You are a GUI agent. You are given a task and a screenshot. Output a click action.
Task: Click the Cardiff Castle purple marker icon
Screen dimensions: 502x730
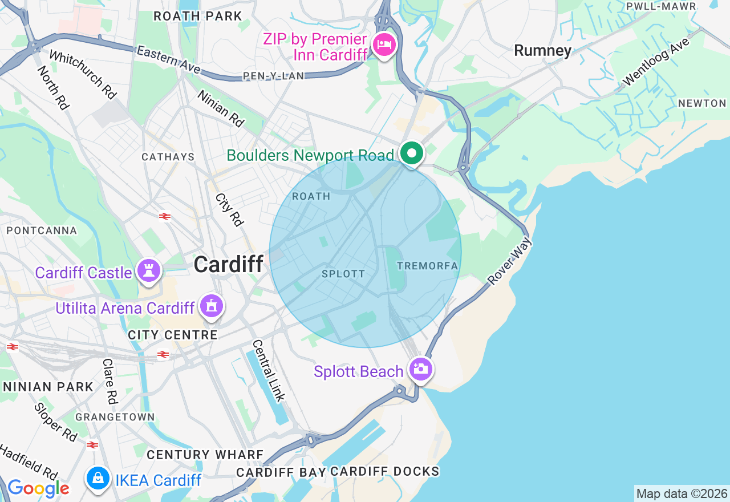(x=149, y=271)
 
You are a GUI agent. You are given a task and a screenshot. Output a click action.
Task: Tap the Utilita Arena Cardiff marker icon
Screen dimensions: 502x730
(x=212, y=307)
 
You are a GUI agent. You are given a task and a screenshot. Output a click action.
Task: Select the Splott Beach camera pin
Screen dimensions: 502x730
(x=420, y=369)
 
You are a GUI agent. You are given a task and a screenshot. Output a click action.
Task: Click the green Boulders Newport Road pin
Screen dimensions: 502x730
(x=411, y=153)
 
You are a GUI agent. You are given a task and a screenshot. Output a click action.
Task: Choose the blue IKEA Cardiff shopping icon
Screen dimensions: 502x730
(x=98, y=478)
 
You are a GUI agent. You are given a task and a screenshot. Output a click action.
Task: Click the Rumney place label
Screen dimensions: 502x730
(x=542, y=51)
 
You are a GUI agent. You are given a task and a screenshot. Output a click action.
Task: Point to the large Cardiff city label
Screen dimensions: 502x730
(x=228, y=264)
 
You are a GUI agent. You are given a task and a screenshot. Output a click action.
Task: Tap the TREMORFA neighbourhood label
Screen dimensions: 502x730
(x=427, y=266)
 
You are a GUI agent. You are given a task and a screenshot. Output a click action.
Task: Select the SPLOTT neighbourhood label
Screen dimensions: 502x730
(x=343, y=274)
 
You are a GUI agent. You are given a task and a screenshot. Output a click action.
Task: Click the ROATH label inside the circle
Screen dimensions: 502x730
(x=311, y=196)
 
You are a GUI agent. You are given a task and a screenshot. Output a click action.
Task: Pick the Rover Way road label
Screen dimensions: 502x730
(x=510, y=261)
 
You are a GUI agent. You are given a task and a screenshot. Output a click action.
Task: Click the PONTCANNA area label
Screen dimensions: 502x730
(x=41, y=230)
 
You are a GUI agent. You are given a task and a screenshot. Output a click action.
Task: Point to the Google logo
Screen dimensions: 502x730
(x=38, y=488)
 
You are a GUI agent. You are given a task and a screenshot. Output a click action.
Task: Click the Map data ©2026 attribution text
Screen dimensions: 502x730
(x=682, y=494)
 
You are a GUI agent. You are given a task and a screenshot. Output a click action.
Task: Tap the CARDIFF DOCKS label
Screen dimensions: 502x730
(x=384, y=472)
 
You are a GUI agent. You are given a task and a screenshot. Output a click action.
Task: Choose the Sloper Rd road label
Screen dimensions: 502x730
(x=55, y=423)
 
